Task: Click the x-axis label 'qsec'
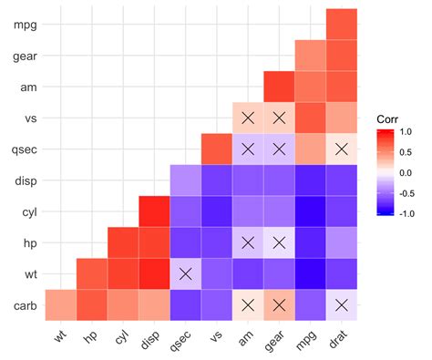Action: coord(182,341)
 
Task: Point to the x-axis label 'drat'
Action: coord(338,340)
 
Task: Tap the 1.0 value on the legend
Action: coord(407,131)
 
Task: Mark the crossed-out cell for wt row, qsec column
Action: coord(185,273)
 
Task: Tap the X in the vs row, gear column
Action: coord(278,118)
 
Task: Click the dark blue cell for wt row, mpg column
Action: coord(309,273)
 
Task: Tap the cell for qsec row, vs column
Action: coord(216,149)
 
